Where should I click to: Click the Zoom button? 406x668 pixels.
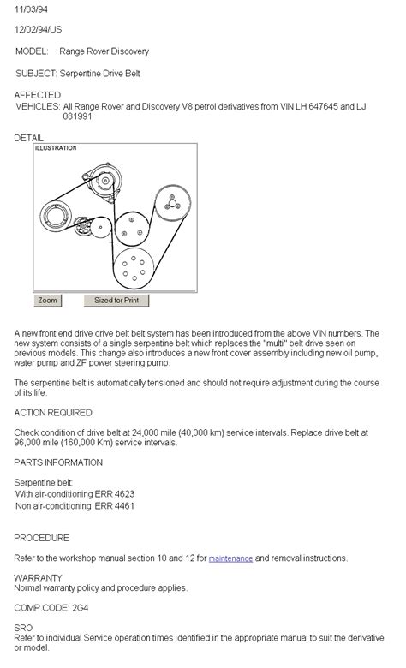47,301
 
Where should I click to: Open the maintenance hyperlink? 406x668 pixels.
230,558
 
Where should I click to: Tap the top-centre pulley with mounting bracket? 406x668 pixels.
104,181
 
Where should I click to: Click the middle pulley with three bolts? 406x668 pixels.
130,226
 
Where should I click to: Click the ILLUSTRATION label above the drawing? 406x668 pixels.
56,148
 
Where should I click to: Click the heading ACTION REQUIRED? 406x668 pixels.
52,412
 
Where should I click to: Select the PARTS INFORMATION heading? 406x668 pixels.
58,462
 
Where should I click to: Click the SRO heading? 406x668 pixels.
24,627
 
